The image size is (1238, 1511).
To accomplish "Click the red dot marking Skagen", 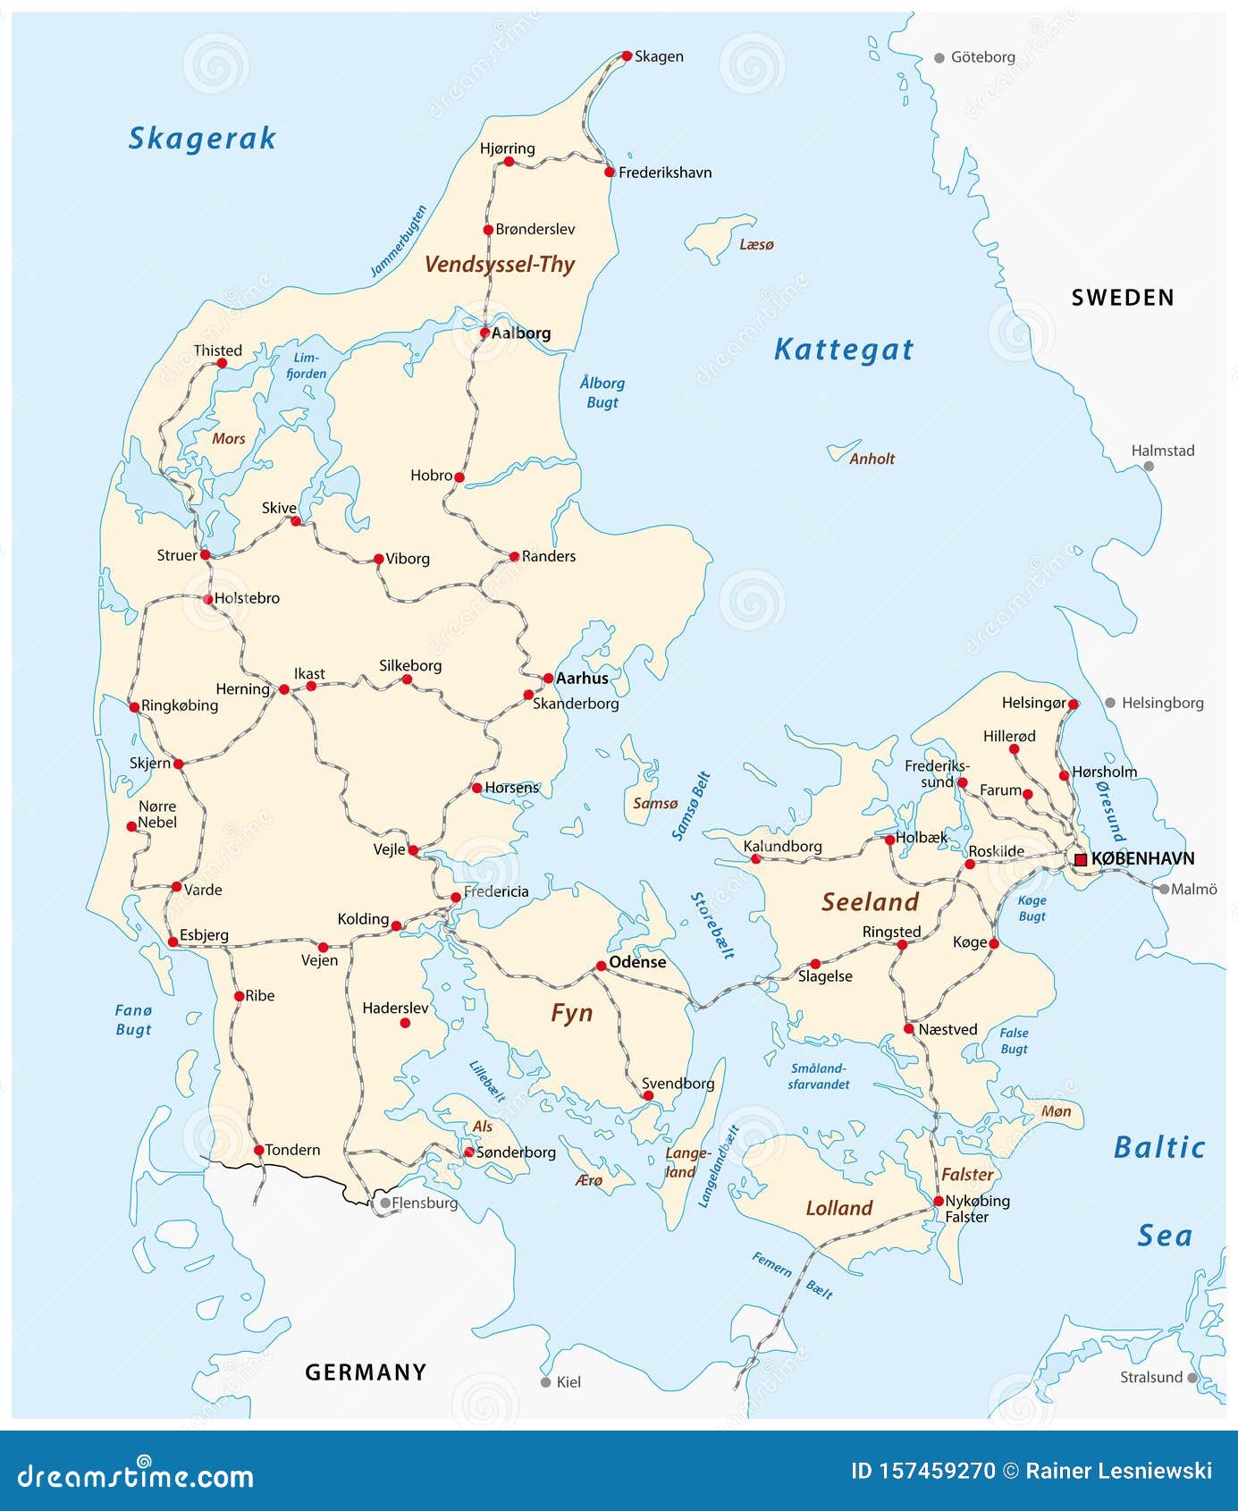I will pos(627,55).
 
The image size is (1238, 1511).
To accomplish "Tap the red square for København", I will pos(1081,859).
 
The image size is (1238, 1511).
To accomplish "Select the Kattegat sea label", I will pos(843,350).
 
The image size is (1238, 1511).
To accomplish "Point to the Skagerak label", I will pos(202,139).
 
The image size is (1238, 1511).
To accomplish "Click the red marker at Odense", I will pos(602,966).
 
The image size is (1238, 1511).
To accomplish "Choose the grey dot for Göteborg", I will pos(939,58).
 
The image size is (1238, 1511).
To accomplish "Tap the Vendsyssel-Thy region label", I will pos(499,264).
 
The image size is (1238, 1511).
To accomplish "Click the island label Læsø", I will pos(756,244).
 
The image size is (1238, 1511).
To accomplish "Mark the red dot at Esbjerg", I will pos(173,941).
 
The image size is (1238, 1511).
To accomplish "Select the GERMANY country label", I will pos(366,1372).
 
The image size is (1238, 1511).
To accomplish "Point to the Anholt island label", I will pos(872,459).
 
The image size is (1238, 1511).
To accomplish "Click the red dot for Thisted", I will pos(223,363).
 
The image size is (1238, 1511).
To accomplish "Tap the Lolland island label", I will pos(838,1208).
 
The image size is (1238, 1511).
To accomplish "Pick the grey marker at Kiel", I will pos(546,1381).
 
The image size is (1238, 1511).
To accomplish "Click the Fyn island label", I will pos(571,1013).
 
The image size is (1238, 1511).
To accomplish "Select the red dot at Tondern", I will pos(258,1150).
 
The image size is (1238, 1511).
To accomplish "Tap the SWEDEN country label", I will pos(1123,298).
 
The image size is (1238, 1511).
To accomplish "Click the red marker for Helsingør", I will pos(1074,704).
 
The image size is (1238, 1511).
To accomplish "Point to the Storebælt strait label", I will pos(712,925).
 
